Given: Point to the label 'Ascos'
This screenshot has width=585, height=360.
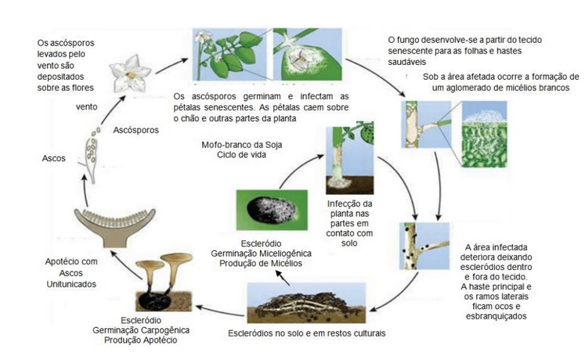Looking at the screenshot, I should [x=53, y=158].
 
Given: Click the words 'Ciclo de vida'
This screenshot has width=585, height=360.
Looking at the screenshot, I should [x=242, y=154].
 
